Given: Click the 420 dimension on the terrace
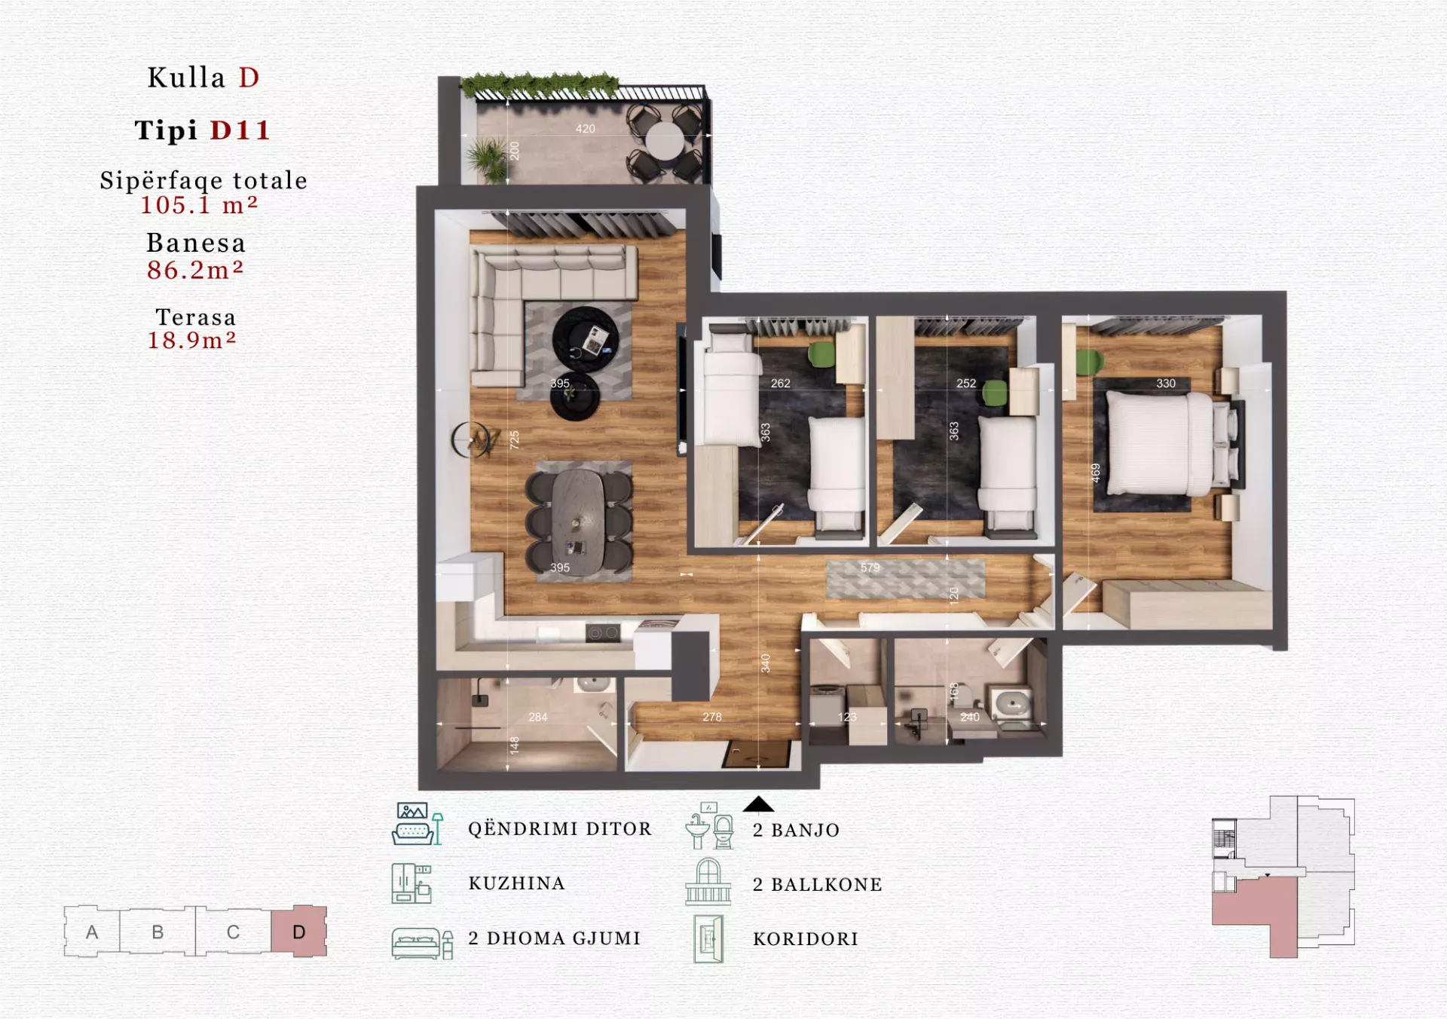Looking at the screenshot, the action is coord(586,129).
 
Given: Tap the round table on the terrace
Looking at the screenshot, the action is coord(664,142).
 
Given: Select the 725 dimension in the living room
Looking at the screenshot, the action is coord(514,440).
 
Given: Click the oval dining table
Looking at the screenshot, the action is coord(578,519).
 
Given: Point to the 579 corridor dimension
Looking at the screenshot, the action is coord(870,568).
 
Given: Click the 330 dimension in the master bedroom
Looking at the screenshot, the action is coord(1166,384).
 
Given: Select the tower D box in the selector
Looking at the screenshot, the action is coord(299,932).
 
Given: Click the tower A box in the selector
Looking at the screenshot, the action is coord(92,932).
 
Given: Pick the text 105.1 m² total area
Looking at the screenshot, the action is coord(199,205).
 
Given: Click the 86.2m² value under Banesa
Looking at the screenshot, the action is coord(195,270).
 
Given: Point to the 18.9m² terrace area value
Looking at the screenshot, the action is coord(192,340).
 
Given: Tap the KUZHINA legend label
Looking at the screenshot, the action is coord(517,883).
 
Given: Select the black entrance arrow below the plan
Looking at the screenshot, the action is coord(758,804).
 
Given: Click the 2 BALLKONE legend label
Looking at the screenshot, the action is coord(818,884).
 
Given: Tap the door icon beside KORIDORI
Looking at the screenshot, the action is coord(708,939).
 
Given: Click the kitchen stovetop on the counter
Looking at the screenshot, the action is coord(603,633).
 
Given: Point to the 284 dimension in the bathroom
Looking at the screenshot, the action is coord(538,718).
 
